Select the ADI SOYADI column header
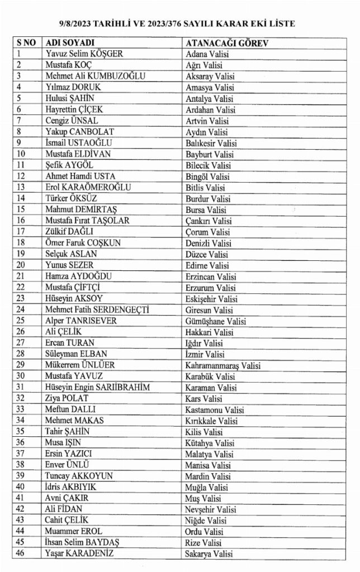click(70, 43)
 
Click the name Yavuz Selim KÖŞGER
click(84, 54)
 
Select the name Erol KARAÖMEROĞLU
click(88, 187)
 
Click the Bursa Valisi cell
click(205, 209)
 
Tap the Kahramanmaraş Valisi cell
click(223, 365)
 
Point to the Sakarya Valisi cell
click(209, 554)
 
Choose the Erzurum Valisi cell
click(210, 287)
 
